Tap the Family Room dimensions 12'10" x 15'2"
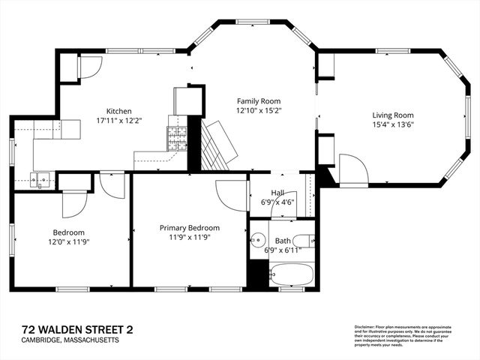(258, 110)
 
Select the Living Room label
(393, 115)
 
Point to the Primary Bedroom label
(189, 227)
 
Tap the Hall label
(277, 192)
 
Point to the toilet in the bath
(303, 241)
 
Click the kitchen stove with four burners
(177, 137)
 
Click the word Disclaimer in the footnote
(365, 328)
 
